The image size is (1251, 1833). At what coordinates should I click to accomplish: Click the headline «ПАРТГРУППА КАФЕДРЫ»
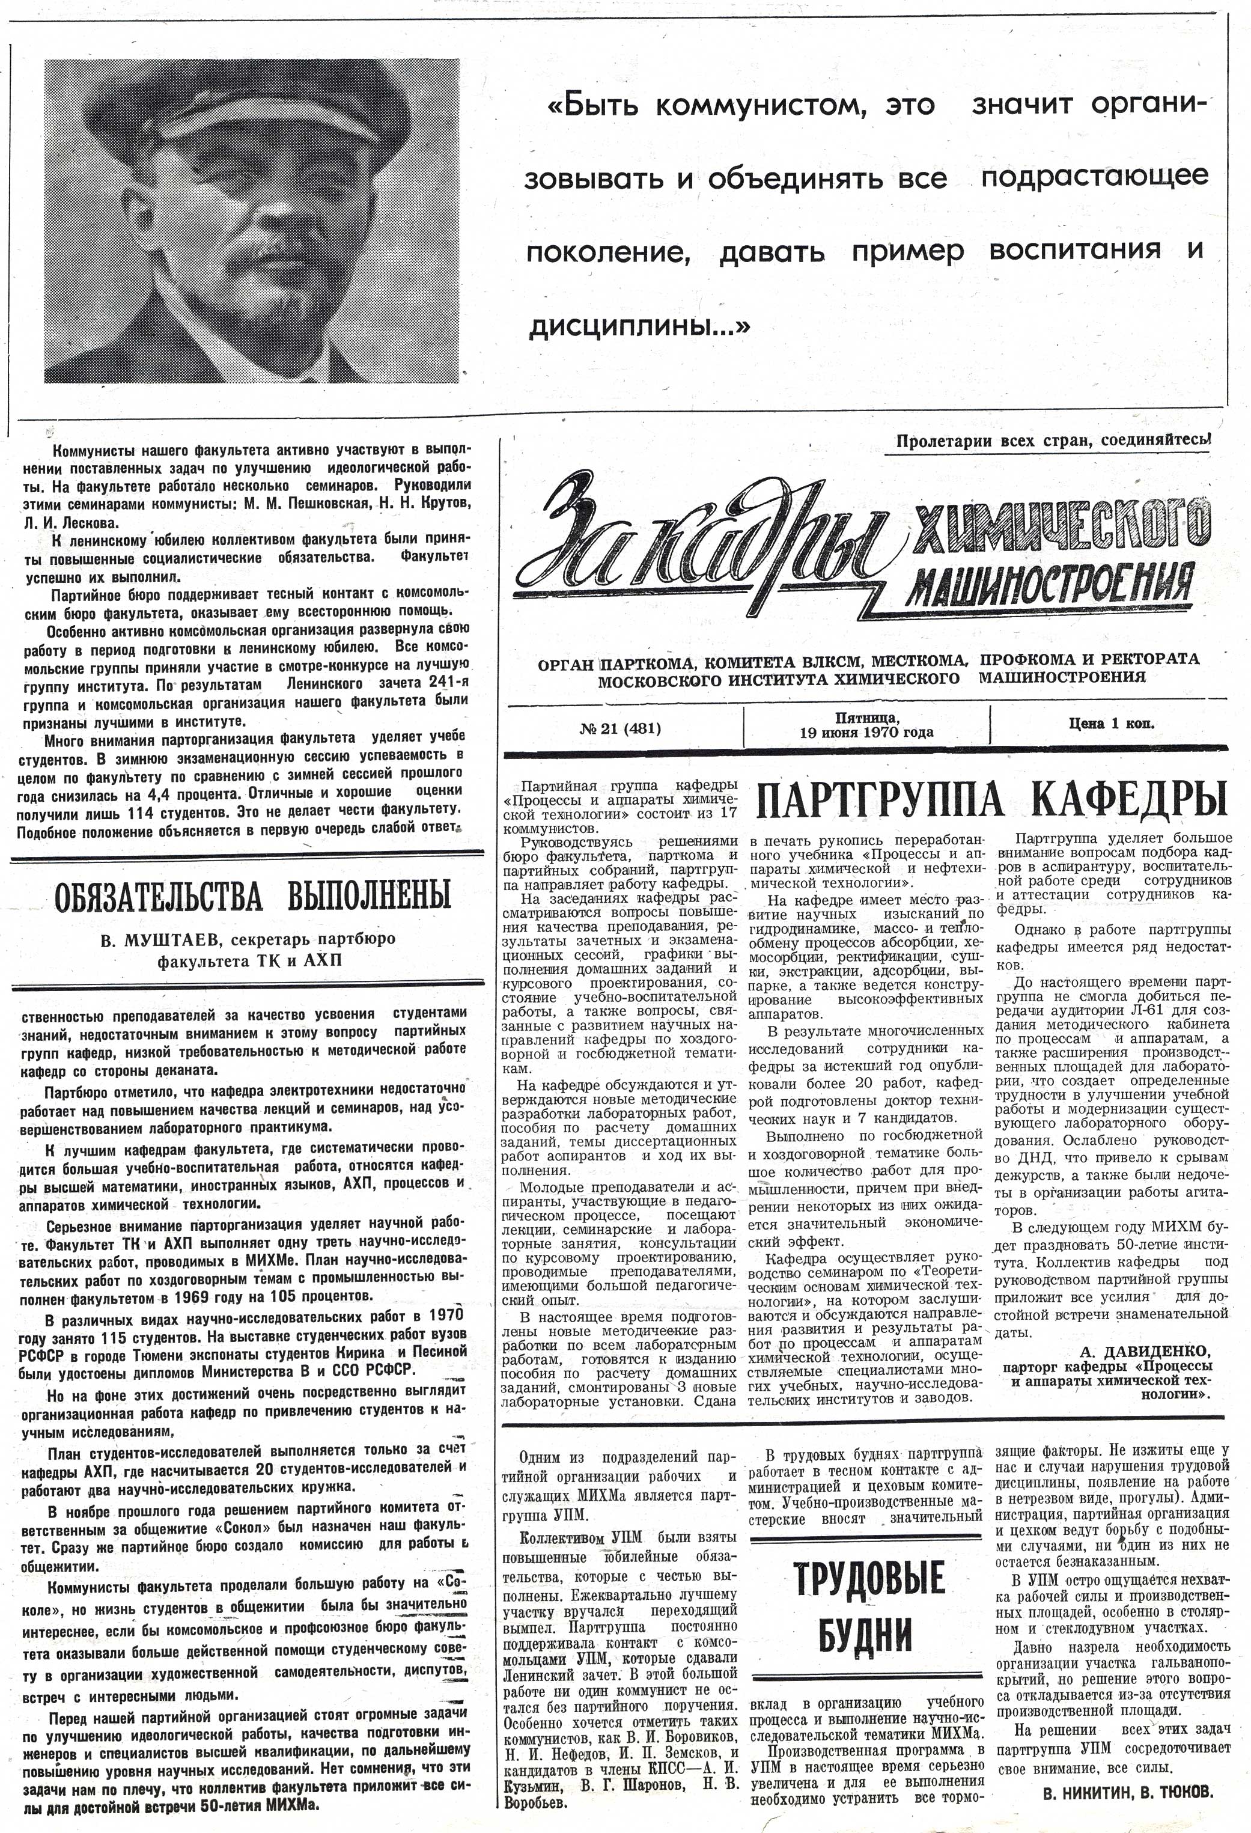[991, 801]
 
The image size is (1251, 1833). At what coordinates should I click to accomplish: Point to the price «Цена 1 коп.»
[1112, 722]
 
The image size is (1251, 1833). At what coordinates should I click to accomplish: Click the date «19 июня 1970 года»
[866, 732]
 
